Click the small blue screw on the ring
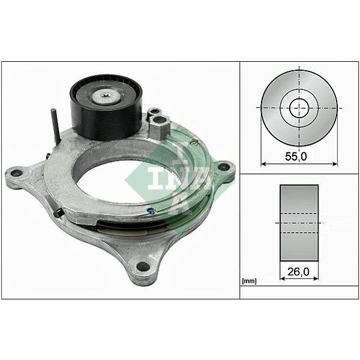153,209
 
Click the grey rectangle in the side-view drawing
299,223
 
